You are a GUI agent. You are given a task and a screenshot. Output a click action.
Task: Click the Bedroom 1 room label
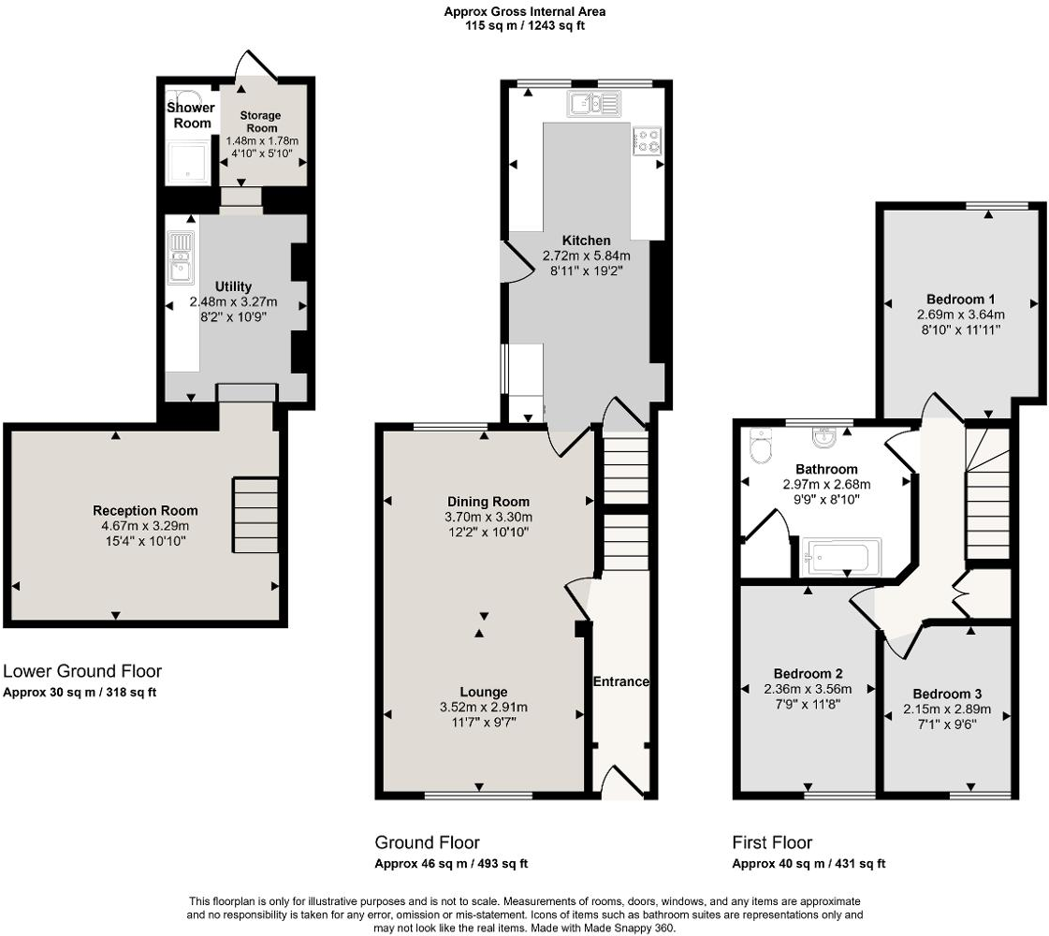click(x=960, y=300)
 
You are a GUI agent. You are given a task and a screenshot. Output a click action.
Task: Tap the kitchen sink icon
click(x=592, y=103)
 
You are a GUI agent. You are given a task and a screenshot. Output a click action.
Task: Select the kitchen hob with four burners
click(x=648, y=140)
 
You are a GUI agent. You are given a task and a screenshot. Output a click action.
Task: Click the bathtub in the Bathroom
click(x=841, y=557)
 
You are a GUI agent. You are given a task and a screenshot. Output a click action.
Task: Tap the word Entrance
click(x=620, y=681)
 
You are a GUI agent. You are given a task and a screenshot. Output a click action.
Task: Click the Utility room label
click(x=233, y=286)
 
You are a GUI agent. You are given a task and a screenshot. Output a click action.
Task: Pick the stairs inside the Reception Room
click(x=255, y=515)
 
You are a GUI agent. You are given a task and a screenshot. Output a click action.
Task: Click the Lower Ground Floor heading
click(x=82, y=671)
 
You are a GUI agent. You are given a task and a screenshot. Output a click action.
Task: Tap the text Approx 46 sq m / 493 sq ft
click(x=444, y=864)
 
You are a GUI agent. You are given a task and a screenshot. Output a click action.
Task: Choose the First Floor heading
click(x=772, y=842)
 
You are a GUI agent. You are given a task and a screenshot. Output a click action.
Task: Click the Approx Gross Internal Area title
click(x=524, y=11)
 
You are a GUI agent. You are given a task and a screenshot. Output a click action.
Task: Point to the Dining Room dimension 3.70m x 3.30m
click(x=488, y=517)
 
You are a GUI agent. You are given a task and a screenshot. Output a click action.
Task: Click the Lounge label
click(x=483, y=693)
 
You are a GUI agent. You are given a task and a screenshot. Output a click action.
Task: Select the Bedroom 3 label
click(x=947, y=694)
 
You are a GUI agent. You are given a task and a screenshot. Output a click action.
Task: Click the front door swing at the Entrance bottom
click(x=621, y=782)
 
